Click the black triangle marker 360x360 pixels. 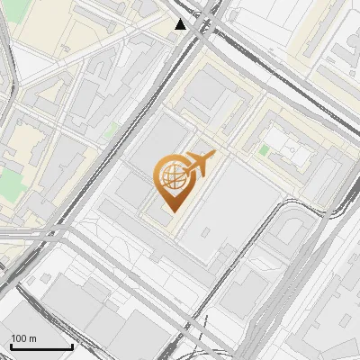(x=182, y=24)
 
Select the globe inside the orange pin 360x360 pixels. (x=171, y=177)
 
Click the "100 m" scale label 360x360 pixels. (x=23, y=337)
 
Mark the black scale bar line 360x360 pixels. (x=41, y=346)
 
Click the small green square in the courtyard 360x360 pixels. (x=264, y=148)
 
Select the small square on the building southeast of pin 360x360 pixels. (x=206, y=232)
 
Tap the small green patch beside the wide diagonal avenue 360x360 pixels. (x=111, y=131)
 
